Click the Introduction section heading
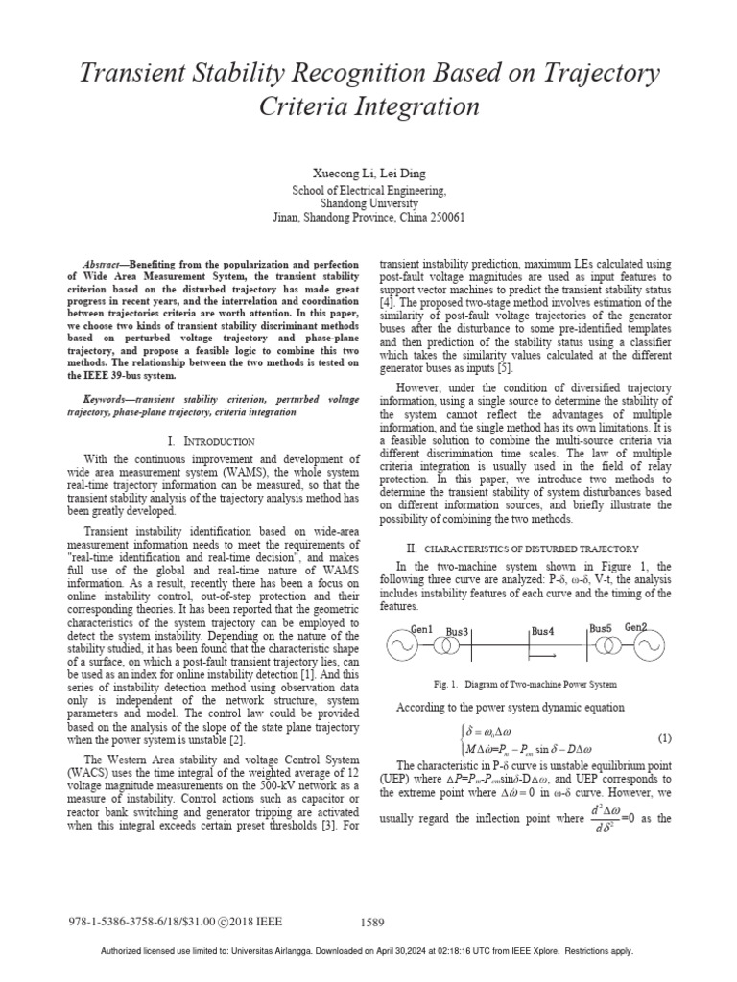coord(211,441)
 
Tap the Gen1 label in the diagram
coord(423,628)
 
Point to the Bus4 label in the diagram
coord(542,632)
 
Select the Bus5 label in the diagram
coord(602,628)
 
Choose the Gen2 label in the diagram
coord(636,627)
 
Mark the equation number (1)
coord(663,739)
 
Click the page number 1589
coord(372,923)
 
